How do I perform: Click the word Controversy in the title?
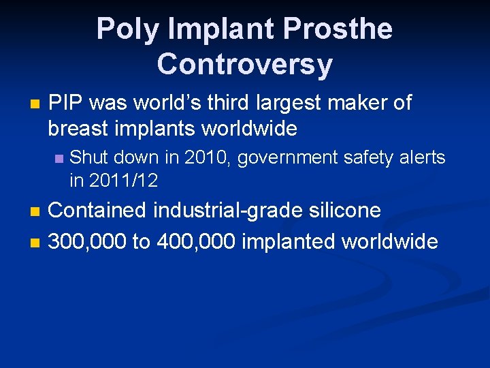244,64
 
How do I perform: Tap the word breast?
79,127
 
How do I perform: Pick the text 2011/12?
124,181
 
